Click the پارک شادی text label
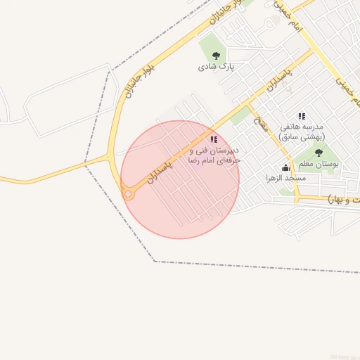(x=215, y=67)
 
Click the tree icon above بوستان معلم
(x=319, y=153)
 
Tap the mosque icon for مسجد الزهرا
(x=285, y=167)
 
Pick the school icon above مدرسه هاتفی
(x=302, y=116)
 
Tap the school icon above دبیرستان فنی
(x=214, y=139)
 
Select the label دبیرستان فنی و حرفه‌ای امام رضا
(x=214, y=155)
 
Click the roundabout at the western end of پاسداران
(x=128, y=194)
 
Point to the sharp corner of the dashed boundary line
(x=155, y=262)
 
